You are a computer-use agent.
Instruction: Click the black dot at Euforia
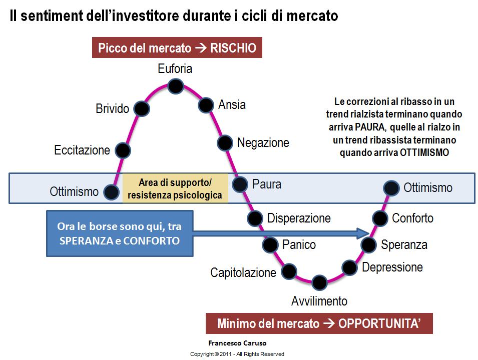(x=176, y=86)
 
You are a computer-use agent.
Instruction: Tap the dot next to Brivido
(x=142, y=108)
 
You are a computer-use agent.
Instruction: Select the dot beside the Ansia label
(x=206, y=105)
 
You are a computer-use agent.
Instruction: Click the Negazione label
(x=263, y=142)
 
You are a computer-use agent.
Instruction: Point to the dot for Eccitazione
(x=123, y=150)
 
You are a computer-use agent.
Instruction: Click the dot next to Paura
(x=240, y=184)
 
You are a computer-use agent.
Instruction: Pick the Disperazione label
(x=299, y=218)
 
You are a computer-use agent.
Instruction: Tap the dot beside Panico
(x=270, y=245)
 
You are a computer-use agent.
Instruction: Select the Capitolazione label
(x=243, y=272)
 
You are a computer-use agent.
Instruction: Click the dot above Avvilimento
(x=319, y=282)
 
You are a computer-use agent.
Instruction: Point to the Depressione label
(x=392, y=267)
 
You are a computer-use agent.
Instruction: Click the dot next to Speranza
(x=368, y=245)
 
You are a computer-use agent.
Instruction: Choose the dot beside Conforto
(x=380, y=218)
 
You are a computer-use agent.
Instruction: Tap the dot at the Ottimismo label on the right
(x=391, y=188)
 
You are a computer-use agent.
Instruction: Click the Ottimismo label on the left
(x=74, y=191)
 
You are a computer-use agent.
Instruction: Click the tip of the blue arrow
(x=369, y=233)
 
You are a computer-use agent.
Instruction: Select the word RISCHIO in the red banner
(x=233, y=48)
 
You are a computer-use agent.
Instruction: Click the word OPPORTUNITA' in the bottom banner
(x=379, y=323)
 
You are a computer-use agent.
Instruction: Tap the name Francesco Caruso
(x=237, y=343)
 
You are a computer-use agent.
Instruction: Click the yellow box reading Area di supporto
(x=175, y=188)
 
